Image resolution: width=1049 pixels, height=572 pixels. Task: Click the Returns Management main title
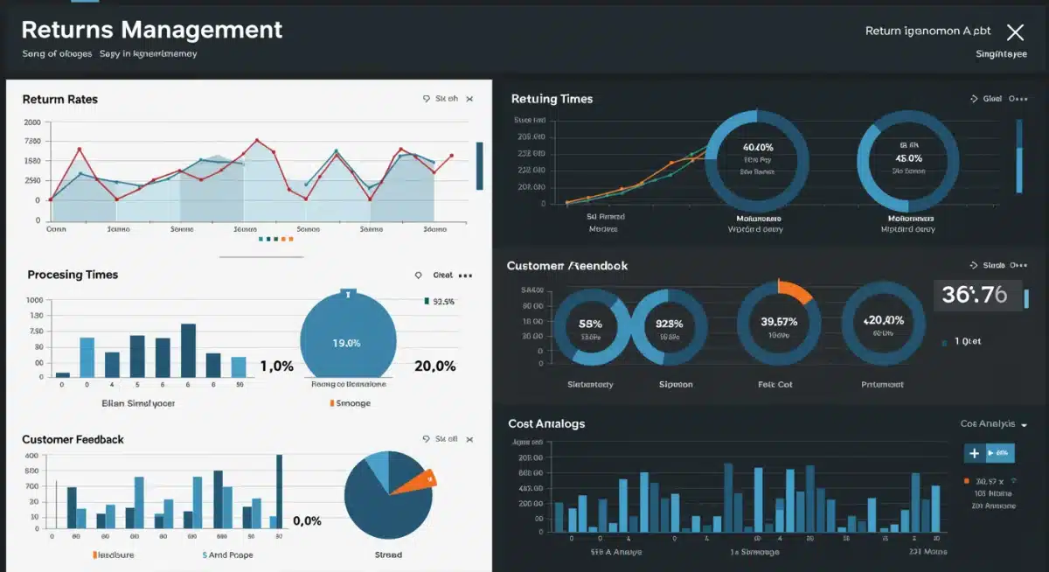pyautogui.click(x=151, y=30)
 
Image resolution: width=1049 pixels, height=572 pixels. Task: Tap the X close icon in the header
pyautogui.click(x=1015, y=33)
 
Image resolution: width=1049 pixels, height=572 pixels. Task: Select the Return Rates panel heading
pyautogui.click(x=59, y=100)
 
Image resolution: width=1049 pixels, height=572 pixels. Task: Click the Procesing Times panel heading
pyautogui.click(x=73, y=275)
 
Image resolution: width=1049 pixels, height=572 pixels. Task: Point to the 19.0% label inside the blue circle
pyautogui.click(x=346, y=343)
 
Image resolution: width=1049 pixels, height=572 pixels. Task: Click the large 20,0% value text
pyautogui.click(x=434, y=366)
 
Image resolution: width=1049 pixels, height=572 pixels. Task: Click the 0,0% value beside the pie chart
pyautogui.click(x=307, y=521)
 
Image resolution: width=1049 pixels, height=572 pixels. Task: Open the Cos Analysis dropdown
pyautogui.click(x=993, y=424)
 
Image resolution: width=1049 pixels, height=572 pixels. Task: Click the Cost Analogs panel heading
pyautogui.click(x=546, y=424)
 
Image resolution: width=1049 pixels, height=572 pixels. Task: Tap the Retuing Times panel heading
pyautogui.click(x=552, y=100)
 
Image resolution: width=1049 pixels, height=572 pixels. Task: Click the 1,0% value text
pyautogui.click(x=276, y=366)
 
